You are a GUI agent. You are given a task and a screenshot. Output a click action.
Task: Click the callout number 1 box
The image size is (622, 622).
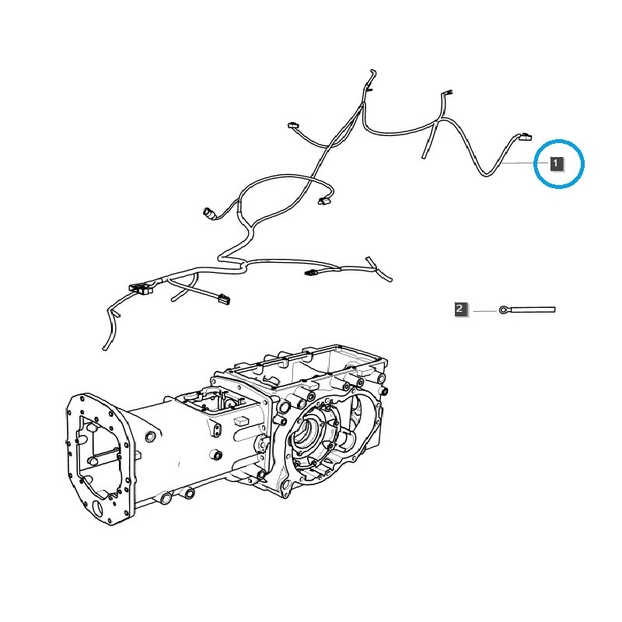click(x=556, y=163)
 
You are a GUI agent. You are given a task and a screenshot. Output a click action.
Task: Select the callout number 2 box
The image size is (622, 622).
click(x=460, y=309)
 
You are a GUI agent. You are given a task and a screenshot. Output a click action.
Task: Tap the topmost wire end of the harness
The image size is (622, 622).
click(x=372, y=73)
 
